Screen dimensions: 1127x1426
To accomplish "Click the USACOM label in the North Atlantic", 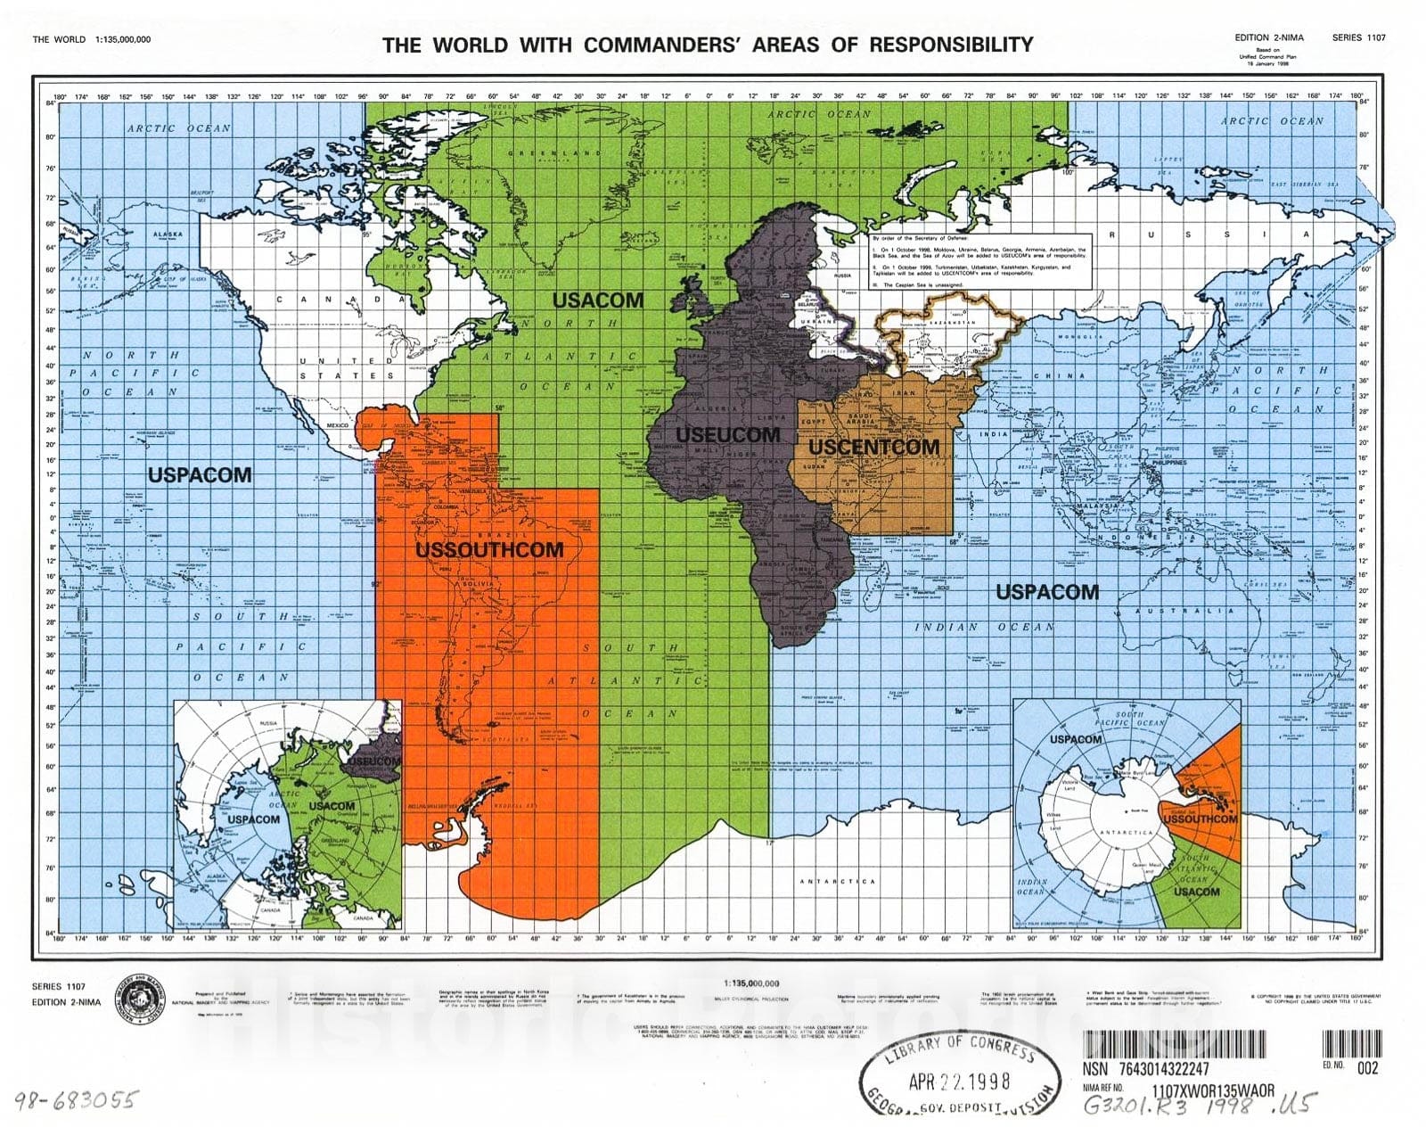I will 597,300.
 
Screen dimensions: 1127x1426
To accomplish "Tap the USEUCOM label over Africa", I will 728,435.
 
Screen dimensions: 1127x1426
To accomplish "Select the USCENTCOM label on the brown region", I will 873,448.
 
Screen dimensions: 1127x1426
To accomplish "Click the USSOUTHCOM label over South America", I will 489,550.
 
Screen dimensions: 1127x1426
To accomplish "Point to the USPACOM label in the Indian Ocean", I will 1047,592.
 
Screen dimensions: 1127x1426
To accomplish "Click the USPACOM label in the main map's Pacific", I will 200,475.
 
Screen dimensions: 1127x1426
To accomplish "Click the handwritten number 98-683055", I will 75,1100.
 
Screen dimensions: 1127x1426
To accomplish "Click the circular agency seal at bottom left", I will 143,997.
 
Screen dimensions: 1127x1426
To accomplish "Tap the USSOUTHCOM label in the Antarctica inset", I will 1200,819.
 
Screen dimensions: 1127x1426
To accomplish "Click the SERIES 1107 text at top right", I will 1358,37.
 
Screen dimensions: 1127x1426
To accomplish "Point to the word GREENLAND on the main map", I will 555,153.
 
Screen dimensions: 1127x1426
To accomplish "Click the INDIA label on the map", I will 994,434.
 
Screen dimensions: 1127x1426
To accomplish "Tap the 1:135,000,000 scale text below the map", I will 751,983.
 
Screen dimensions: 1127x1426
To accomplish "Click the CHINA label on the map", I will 1060,376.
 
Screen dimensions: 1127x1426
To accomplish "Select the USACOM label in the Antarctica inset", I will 1196,892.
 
